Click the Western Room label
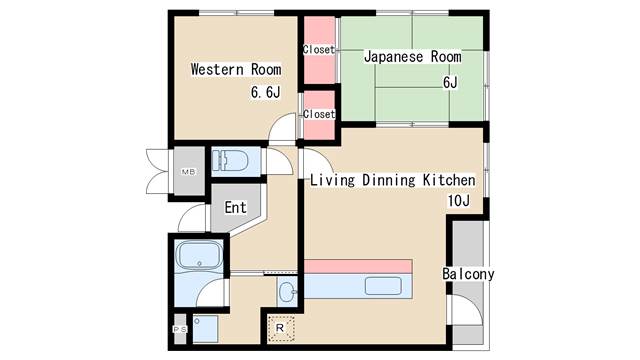pyautogui.click(x=235, y=70)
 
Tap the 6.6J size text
pyautogui.click(x=266, y=93)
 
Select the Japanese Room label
pyautogui.click(x=412, y=57)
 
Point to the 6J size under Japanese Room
pyautogui.click(x=449, y=82)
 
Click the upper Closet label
pyautogui.click(x=318, y=49)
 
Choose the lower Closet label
pyautogui.click(x=318, y=114)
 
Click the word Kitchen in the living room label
pyautogui.click(x=446, y=180)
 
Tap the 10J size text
pyautogui.click(x=459, y=202)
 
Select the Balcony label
pyautogui.click(x=468, y=273)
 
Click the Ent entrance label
pyautogui.click(x=235, y=208)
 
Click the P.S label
pyautogui.click(x=180, y=329)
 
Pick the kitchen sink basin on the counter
pyautogui.click(x=382, y=286)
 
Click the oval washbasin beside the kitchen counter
pyautogui.click(x=287, y=293)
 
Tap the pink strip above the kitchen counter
pyautogui.click(x=357, y=266)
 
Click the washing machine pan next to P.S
pyautogui.click(x=206, y=327)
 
